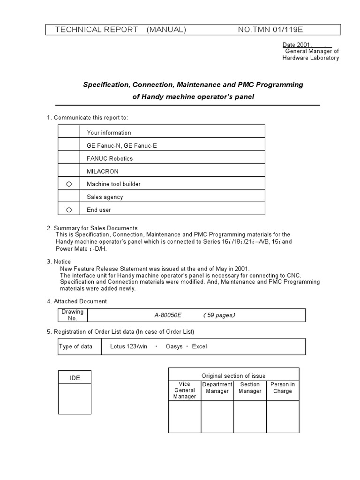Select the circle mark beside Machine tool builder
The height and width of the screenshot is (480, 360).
(69, 184)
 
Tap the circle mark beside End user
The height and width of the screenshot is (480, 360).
(69, 210)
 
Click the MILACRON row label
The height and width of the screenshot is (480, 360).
(103, 172)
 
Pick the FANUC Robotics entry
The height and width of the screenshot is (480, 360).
(110, 158)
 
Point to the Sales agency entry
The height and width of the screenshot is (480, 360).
(105, 197)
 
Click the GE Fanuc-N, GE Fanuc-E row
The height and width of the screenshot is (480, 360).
(122, 146)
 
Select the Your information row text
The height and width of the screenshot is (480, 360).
(109, 133)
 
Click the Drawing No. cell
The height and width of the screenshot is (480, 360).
(73, 315)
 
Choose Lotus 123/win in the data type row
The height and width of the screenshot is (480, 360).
(128, 346)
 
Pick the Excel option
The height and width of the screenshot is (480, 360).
(199, 346)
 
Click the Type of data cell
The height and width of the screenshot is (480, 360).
(75, 346)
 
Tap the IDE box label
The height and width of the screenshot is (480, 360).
(75, 378)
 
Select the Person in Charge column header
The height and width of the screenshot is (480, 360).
(283, 388)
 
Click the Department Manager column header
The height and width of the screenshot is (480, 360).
(217, 388)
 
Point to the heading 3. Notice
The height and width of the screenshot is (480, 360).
(59, 262)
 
